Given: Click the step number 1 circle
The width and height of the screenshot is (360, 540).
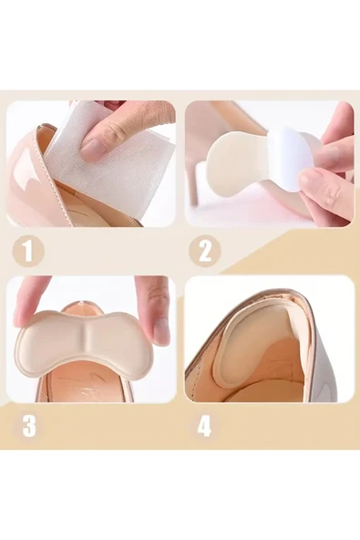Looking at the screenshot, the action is click(x=28, y=251).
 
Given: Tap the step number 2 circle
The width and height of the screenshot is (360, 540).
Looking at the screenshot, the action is click(x=205, y=250).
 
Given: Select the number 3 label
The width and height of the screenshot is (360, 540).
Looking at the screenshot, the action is click(x=29, y=426).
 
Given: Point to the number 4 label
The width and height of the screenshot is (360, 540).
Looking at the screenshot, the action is click(x=204, y=426).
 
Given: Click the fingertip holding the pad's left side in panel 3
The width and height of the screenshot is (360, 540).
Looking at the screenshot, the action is click(x=32, y=303).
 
